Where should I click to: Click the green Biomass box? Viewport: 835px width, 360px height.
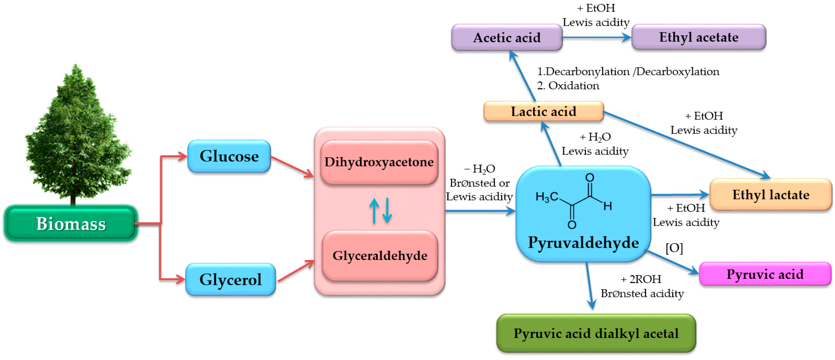pos(71,224)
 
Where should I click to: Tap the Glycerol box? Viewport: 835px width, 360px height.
pos(230,279)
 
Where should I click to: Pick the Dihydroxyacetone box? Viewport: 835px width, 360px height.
pos(379,162)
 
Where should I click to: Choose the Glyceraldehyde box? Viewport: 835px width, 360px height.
pos(380,256)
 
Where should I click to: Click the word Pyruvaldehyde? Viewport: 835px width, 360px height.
pos(583,242)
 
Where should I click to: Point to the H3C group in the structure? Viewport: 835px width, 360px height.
pos(546,197)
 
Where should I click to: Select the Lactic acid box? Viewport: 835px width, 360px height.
pos(543,111)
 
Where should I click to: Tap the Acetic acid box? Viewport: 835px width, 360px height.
pos(507,38)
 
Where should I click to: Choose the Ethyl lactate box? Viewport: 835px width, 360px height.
pos(770,195)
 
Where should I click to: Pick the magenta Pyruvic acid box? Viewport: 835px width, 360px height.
pos(765,274)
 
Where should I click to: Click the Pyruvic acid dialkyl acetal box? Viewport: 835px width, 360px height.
pos(596,333)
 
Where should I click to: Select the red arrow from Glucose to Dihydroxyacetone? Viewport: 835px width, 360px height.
pos(292,167)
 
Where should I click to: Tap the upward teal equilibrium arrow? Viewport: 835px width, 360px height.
pos(374,211)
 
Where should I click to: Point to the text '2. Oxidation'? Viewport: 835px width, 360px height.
pos(568,86)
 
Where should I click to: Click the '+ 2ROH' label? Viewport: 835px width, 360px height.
pos(640,279)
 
